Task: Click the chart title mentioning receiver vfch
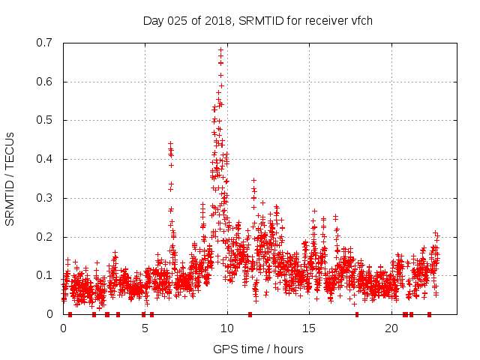click(257, 20)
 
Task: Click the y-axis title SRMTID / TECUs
click(10, 178)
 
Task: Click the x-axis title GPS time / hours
click(257, 349)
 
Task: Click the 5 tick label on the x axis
click(145, 328)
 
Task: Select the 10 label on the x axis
click(227, 328)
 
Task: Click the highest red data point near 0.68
click(221, 50)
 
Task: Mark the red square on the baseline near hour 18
click(356, 314)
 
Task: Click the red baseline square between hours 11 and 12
click(250, 314)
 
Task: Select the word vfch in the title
click(359, 20)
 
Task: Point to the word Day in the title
click(154, 20)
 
